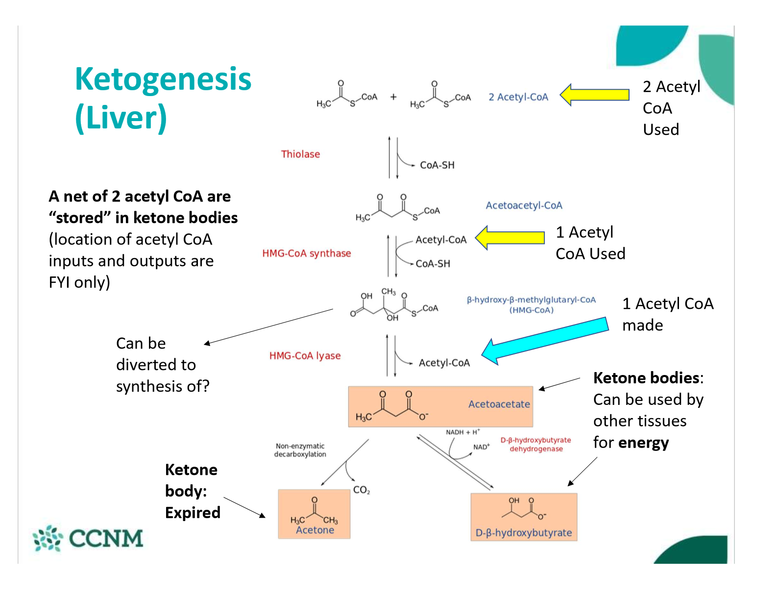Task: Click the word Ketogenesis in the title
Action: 163,79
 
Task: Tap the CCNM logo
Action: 88,538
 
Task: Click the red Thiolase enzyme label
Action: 300,154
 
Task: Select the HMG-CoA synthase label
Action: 307,253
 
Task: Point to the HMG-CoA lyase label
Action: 305,356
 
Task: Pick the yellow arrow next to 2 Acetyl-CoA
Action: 594,95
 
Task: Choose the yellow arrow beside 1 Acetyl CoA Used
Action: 510,238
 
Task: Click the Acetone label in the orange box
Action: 315,530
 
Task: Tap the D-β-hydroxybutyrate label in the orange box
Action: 524,533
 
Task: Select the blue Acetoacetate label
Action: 499,404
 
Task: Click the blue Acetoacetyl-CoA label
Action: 524,205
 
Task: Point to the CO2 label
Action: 362,490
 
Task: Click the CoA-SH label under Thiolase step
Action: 437,165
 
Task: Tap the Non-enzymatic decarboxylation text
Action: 300,450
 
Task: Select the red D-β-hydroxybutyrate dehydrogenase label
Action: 535,445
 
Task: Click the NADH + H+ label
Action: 462,432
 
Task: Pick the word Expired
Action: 193,513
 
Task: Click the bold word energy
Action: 643,443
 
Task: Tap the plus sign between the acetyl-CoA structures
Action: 393,97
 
